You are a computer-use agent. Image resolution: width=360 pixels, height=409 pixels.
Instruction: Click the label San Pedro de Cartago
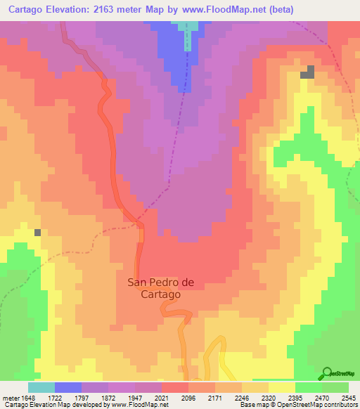point(160,288)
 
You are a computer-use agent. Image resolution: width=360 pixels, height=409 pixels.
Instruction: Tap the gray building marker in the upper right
point(308,72)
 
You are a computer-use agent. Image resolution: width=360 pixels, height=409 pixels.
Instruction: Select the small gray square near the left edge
point(37,232)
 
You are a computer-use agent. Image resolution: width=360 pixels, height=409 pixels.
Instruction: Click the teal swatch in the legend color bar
point(41,387)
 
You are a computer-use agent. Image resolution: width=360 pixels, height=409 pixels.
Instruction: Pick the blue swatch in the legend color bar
point(68,387)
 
